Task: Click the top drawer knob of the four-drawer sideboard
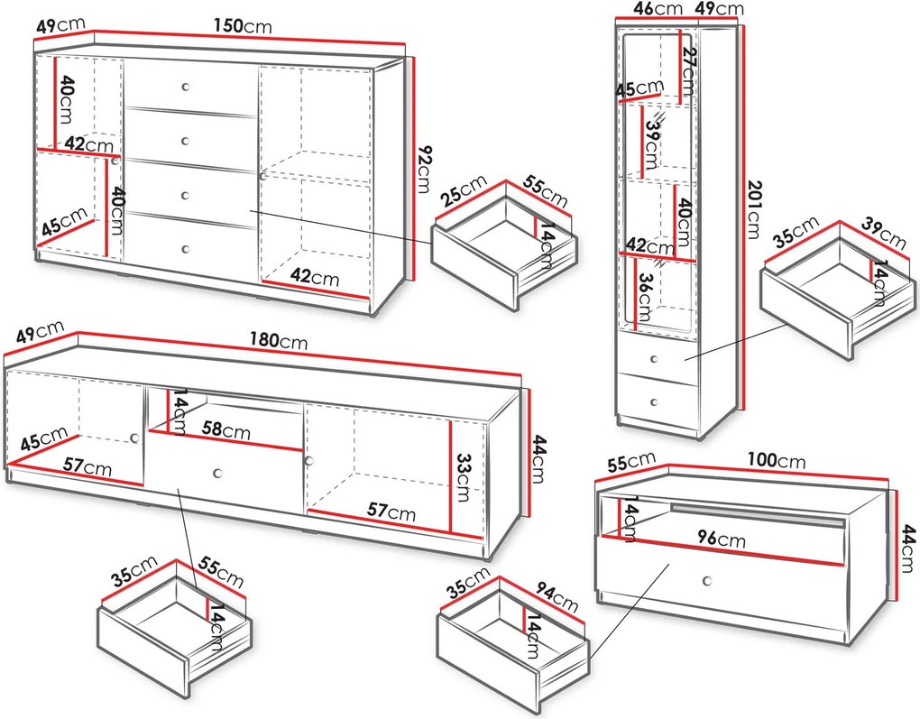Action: pos(186,87)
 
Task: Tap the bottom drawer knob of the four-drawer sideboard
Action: pos(186,250)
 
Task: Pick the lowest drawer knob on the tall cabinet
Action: pos(655,402)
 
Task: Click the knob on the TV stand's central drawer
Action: pos(217,473)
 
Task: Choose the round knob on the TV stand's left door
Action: pos(135,438)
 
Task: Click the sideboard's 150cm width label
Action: pos(243,25)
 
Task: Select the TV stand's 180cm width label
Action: pos(278,340)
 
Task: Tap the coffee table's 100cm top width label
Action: pos(777,460)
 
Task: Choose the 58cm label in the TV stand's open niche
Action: pos(225,430)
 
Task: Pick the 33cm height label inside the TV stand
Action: pos(464,477)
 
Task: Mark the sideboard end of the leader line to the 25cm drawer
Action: pos(251,210)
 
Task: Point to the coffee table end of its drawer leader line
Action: pos(669,564)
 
